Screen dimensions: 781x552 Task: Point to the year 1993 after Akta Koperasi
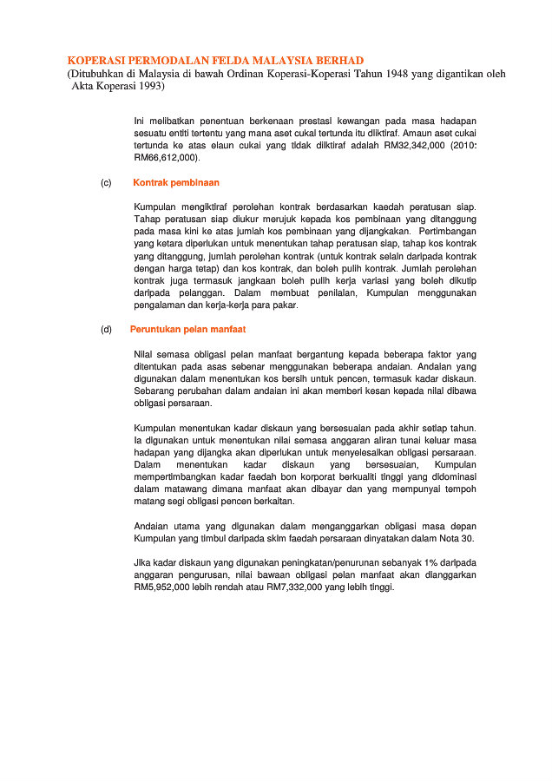pyautogui.click(x=148, y=87)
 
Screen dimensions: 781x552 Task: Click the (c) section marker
pyautogui.click(x=106, y=183)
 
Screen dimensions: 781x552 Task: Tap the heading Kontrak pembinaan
pyautogui.click(x=176, y=183)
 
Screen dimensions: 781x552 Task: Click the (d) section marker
pyautogui.click(x=106, y=330)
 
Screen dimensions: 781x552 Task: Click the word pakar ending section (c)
pyautogui.click(x=284, y=305)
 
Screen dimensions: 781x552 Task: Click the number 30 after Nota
pyautogui.click(x=468, y=539)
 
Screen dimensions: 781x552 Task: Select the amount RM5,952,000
pyautogui.click(x=166, y=587)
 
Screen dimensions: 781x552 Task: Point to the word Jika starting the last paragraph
pyautogui.click(x=143, y=563)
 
